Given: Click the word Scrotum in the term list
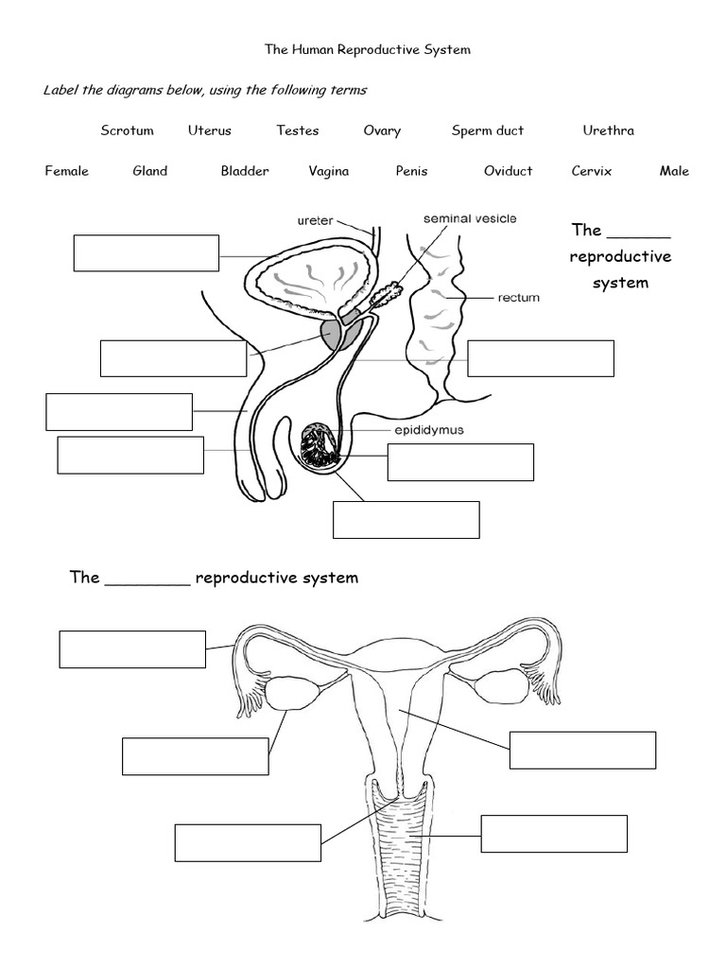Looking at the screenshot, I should click(127, 130).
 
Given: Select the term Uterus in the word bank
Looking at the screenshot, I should click(210, 130).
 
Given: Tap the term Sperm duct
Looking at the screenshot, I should click(487, 130).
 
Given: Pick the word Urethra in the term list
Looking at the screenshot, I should click(608, 130).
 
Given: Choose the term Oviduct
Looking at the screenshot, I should click(508, 171).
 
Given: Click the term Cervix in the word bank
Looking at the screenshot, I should click(592, 171).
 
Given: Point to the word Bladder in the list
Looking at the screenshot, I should click(245, 171).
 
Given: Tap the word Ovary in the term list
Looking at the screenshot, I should click(382, 130).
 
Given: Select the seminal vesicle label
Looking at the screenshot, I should click(470, 218).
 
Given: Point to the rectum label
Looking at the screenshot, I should click(518, 298).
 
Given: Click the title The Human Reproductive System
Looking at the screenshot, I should click(367, 49).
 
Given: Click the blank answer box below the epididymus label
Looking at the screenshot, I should click(460, 462).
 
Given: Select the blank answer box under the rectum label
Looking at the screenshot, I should click(541, 358).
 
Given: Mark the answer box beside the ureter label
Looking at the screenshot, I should click(147, 252).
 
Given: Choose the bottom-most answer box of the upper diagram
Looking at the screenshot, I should click(406, 519).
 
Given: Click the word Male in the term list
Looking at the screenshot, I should click(674, 171).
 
